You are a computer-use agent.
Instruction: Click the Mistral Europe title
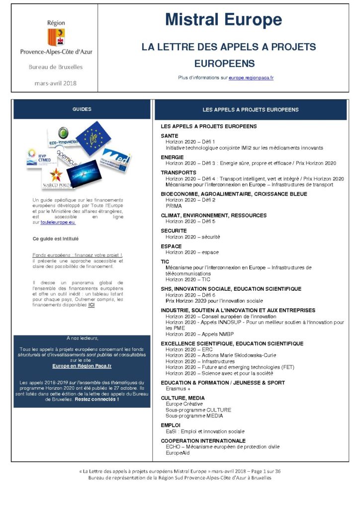tap(223, 20)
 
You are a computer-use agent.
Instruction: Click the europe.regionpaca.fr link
tap(251, 78)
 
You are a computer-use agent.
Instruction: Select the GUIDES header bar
tap(82, 109)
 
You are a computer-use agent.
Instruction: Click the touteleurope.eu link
tap(58, 222)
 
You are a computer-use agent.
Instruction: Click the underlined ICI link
tap(91, 305)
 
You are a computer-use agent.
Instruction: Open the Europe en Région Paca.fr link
tap(82, 365)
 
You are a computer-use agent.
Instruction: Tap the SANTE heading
tap(170, 136)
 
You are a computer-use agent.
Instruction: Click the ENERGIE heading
tap(173, 157)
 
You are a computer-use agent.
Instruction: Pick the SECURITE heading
tap(174, 231)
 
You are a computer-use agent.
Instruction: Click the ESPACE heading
tap(172, 246)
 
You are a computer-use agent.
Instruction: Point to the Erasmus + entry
tap(178, 389)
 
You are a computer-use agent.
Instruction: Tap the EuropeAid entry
tap(178, 453)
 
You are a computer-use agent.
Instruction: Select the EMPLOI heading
tap(171, 425)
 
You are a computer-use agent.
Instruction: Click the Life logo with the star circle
tap(93, 138)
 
